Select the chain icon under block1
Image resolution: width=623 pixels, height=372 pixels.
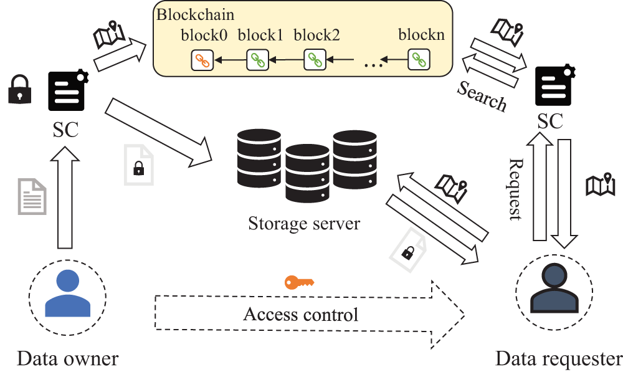pyautogui.click(x=257, y=60)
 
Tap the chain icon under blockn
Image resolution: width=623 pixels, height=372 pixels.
pyautogui.click(x=419, y=60)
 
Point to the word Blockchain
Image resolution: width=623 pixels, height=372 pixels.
pyautogui.click(x=191, y=14)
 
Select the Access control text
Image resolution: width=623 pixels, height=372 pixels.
pyautogui.click(x=301, y=313)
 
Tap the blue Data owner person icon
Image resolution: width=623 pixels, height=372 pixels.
pyautogui.click(x=64, y=294)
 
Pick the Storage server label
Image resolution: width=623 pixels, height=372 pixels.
pyautogui.click(x=304, y=222)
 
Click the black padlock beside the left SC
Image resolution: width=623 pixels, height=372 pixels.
pyautogui.click(x=19, y=90)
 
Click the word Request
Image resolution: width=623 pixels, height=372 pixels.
pyautogui.click(x=515, y=189)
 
